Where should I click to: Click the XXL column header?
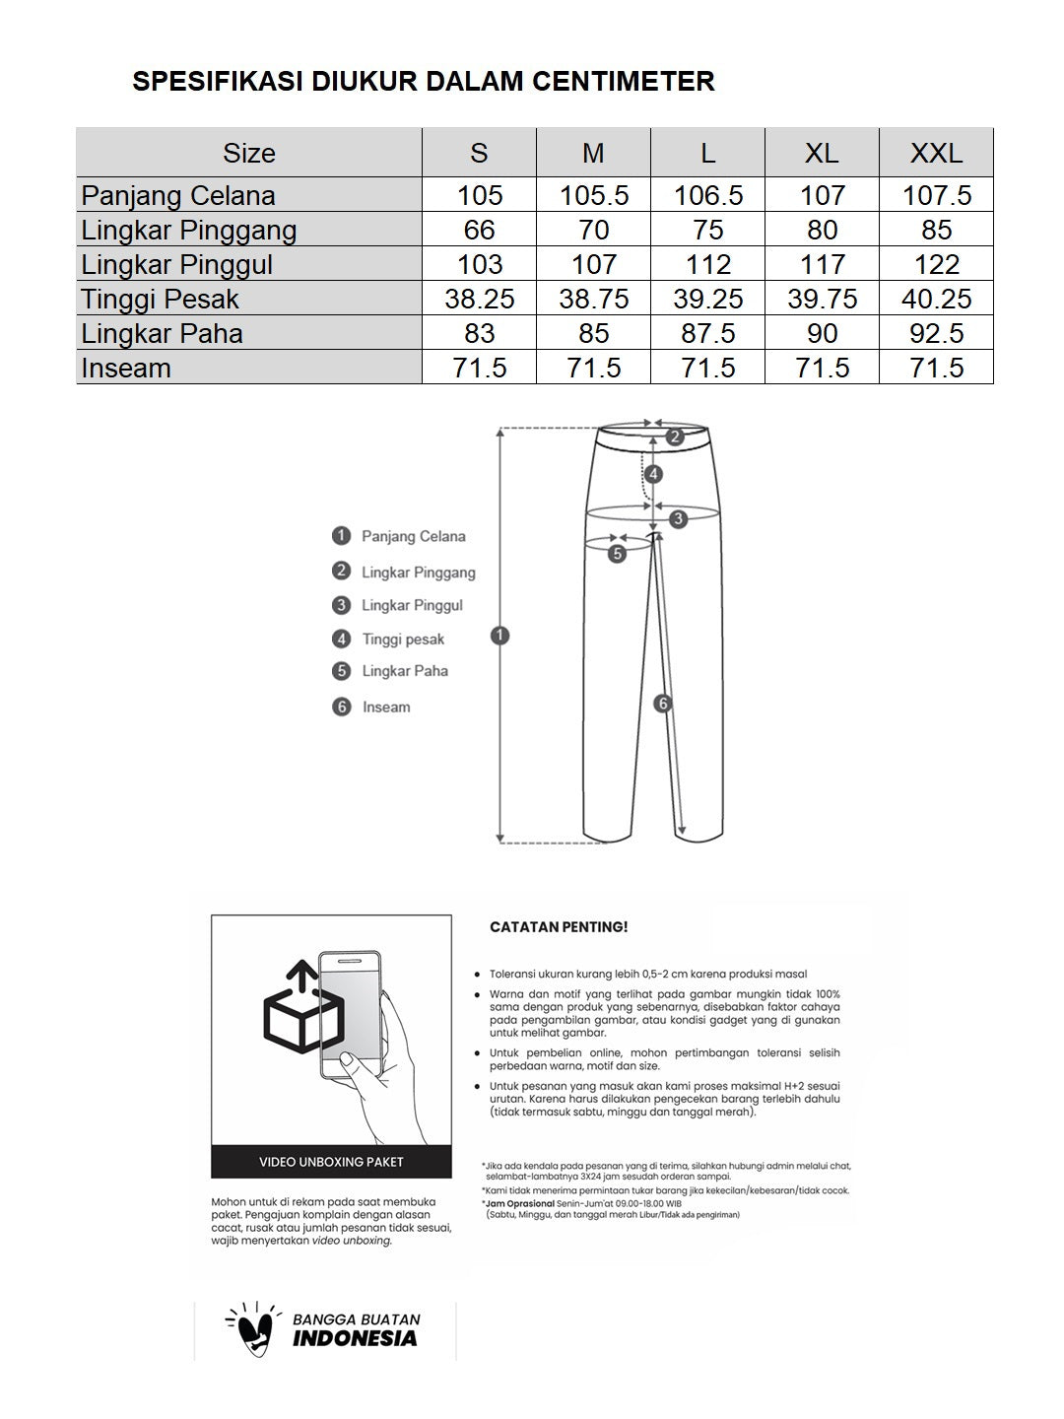[x=936, y=153]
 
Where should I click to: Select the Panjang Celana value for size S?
[x=480, y=195]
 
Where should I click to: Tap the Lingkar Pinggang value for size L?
[x=707, y=230]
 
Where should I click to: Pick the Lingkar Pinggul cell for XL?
[x=822, y=264]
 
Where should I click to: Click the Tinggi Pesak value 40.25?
[x=936, y=299]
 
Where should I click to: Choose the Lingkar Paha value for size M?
[x=593, y=333]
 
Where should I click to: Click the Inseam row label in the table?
[x=126, y=368]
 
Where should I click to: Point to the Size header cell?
[x=249, y=153]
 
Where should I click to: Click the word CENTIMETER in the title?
[x=624, y=81]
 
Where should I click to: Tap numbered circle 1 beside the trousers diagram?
[x=500, y=636]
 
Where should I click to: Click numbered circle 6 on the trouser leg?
[x=663, y=704]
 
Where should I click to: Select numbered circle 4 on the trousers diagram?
[x=653, y=474]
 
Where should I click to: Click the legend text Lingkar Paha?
[x=404, y=671]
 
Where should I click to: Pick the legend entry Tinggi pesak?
[x=403, y=640]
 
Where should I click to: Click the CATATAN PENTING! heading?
[x=559, y=927]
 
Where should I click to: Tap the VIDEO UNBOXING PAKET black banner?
[x=331, y=1162]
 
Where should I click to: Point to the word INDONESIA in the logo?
[x=355, y=1338]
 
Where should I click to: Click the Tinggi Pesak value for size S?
[x=480, y=299]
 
